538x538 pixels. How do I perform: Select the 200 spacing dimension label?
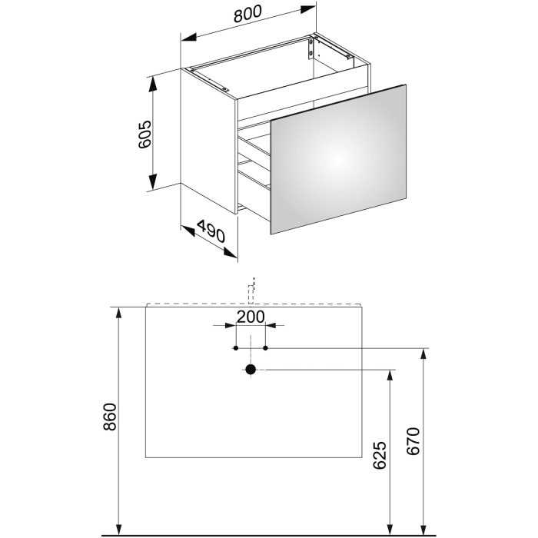coord(251,317)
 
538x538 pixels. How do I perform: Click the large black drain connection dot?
coord(250,370)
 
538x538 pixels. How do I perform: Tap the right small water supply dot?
coord(265,348)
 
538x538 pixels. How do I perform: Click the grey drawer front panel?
coord(338,158)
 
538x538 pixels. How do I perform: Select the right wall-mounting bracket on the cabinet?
coord(311,48)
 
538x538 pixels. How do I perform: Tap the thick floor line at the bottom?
coord(269,533)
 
